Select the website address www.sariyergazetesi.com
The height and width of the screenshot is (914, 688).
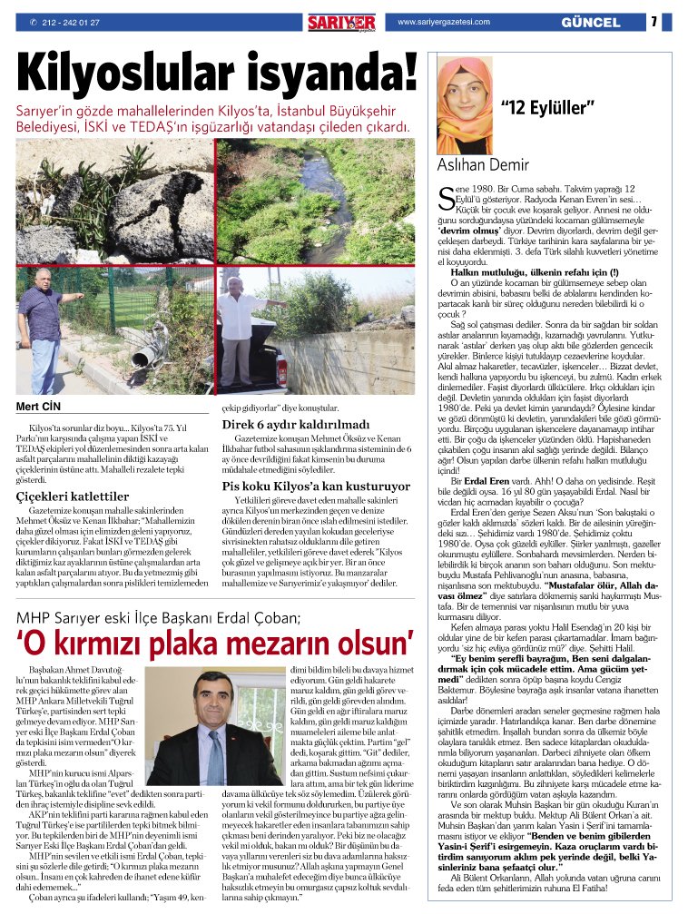[446, 21]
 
